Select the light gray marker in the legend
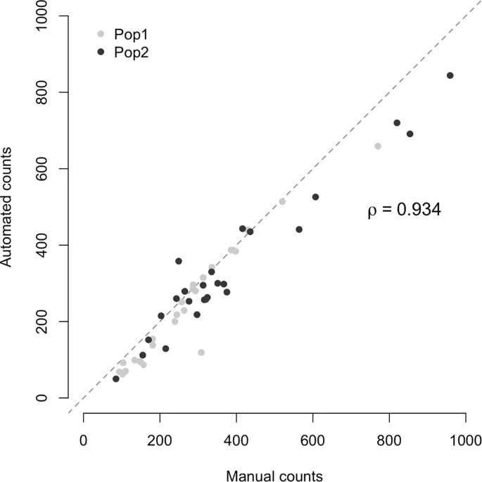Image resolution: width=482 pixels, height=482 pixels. click(x=101, y=34)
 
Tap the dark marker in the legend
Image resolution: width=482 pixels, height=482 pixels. click(x=101, y=52)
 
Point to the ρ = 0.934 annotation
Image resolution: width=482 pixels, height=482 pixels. click(x=404, y=210)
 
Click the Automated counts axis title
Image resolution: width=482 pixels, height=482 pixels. click(x=8, y=206)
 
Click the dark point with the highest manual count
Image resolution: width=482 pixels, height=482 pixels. click(x=450, y=75)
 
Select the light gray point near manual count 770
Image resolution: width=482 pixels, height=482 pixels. click(x=378, y=146)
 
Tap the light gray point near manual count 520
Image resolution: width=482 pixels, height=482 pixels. click(x=282, y=201)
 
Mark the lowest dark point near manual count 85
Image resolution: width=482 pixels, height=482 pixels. click(x=116, y=379)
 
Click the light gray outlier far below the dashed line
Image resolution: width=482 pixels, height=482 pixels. click(x=201, y=352)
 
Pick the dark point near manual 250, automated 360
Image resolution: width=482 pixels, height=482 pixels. click(x=179, y=261)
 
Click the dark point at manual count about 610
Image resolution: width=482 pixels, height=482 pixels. click(x=315, y=197)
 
